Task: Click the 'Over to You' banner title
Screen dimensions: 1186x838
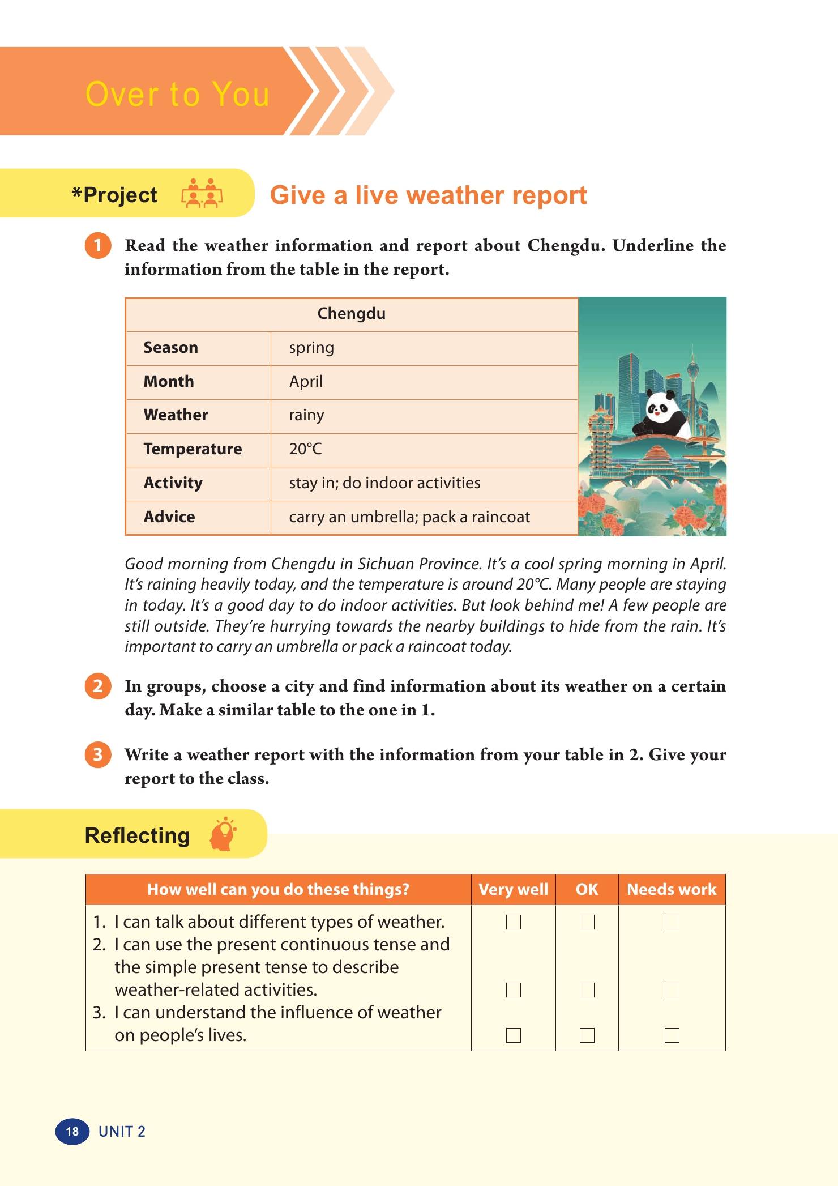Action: pyautogui.click(x=177, y=94)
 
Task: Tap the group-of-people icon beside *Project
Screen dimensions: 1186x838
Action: pyautogui.click(x=202, y=194)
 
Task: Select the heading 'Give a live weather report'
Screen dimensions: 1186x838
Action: pyautogui.click(x=428, y=195)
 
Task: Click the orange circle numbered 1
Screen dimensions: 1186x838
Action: pyautogui.click(x=98, y=246)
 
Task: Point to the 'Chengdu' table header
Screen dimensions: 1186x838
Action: pyautogui.click(x=351, y=314)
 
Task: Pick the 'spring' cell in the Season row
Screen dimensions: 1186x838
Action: pyautogui.click(x=311, y=348)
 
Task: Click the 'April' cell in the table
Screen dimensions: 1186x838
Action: pyautogui.click(x=306, y=382)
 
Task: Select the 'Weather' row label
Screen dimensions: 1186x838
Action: pyautogui.click(x=176, y=415)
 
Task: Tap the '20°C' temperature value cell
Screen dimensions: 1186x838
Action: pyautogui.click(x=305, y=449)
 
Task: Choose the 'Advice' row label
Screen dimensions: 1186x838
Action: pyautogui.click(x=169, y=517)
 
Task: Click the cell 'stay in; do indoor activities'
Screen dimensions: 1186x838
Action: pyautogui.click(x=384, y=483)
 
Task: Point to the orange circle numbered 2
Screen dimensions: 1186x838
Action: pyautogui.click(x=98, y=686)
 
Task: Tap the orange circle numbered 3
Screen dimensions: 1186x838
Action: pyautogui.click(x=98, y=755)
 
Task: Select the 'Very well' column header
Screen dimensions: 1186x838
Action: pyautogui.click(x=513, y=889)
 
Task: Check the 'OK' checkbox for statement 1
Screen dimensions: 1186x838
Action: pyautogui.click(x=587, y=922)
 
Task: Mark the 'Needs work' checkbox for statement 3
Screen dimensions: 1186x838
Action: pyautogui.click(x=672, y=1035)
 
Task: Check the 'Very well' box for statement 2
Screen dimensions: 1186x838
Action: pyautogui.click(x=514, y=990)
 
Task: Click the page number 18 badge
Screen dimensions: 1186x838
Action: pyautogui.click(x=72, y=1132)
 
